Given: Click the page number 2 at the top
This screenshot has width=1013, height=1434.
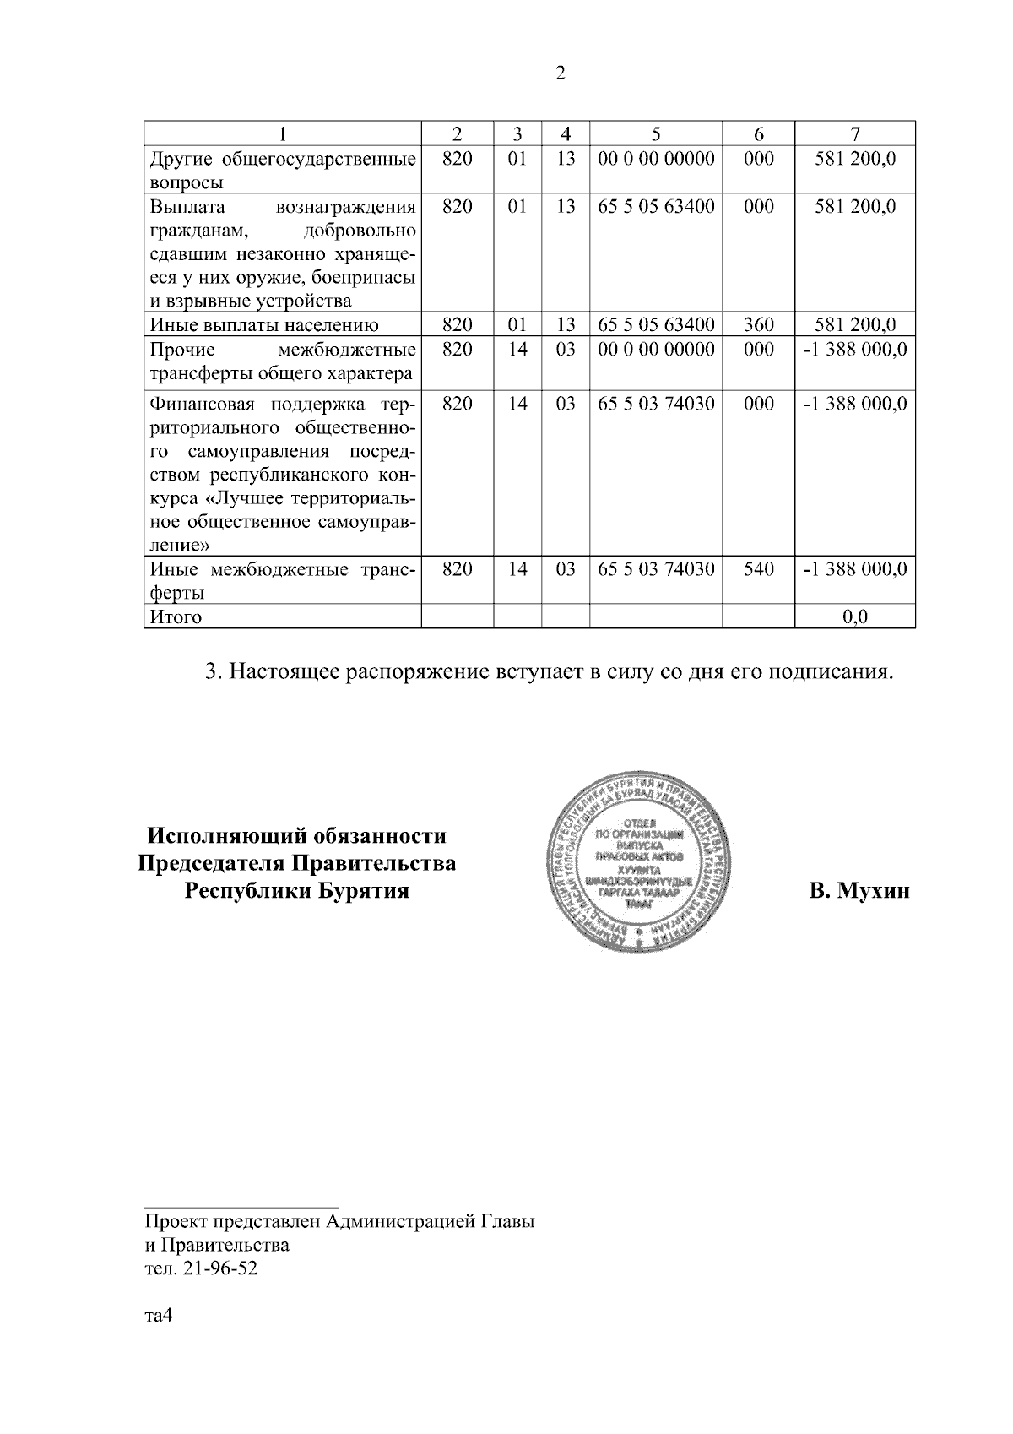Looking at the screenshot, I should click(x=561, y=73).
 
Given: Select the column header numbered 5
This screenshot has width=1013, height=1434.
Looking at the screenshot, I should click(x=656, y=133).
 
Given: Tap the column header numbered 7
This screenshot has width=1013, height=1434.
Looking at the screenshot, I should click(x=855, y=133).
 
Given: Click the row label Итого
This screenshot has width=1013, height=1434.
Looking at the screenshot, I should click(x=176, y=617).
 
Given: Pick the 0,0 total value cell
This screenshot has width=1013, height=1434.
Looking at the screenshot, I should click(x=855, y=617).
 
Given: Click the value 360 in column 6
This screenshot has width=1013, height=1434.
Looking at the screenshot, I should click(x=759, y=325).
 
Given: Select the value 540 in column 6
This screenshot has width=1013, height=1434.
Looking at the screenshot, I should click(x=759, y=569).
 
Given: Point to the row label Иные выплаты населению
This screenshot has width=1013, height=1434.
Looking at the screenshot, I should click(x=264, y=325).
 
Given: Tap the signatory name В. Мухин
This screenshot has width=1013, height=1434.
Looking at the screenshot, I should click(x=859, y=891).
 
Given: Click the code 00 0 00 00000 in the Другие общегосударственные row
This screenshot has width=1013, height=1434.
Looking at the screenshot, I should click(x=656, y=158).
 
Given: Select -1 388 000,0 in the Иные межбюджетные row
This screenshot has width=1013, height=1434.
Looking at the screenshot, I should click(x=855, y=569).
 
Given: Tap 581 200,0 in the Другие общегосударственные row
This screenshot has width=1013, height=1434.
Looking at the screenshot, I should click(x=855, y=158).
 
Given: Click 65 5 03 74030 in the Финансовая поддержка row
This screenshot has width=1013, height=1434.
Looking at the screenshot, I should click(x=656, y=405).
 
